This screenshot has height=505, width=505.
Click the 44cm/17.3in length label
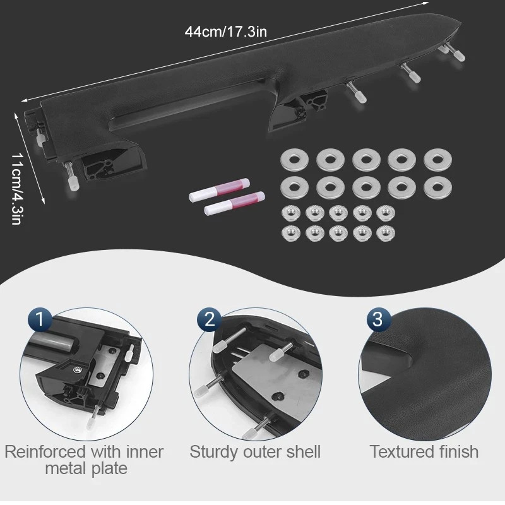(226, 32)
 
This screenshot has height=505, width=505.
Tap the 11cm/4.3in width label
(16, 188)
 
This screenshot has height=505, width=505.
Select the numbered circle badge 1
(40, 319)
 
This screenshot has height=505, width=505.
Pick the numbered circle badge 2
(210, 319)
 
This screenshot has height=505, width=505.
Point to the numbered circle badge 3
(378, 319)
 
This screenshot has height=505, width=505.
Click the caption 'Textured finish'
(424, 451)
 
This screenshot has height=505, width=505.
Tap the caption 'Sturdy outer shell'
(255, 451)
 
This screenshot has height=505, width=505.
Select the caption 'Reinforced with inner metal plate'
(85, 460)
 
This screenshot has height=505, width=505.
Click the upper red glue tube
(219, 190)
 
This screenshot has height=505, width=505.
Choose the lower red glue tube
(234, 203)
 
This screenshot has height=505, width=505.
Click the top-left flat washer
(294, 160)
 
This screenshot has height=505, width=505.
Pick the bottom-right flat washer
(437, 187)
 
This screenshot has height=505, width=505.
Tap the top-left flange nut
(291, 213)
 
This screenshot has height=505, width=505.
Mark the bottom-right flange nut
(386, 234)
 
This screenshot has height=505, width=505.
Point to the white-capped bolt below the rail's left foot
(71, 177)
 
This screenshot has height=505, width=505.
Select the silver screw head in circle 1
(78, 369)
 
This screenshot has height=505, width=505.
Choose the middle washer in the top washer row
(366, 160)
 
